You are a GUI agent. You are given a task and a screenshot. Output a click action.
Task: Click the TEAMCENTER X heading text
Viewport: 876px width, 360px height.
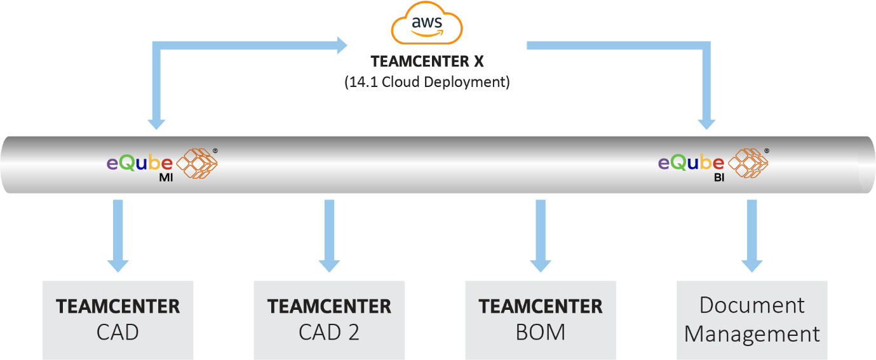427,62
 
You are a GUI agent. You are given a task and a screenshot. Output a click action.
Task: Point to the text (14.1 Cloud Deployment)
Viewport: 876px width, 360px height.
427,83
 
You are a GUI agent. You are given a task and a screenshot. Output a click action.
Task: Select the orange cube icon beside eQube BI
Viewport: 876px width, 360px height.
748,163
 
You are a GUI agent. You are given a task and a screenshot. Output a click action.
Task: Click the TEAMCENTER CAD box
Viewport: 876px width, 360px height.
118,320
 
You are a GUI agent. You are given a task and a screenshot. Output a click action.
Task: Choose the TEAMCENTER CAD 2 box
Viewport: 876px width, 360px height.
329,320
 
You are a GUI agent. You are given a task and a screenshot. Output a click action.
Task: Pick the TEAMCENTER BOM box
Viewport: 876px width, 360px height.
541,320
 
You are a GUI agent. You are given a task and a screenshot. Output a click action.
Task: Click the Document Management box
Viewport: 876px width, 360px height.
752,320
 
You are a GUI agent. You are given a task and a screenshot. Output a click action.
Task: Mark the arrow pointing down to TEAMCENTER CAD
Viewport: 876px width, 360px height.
118,236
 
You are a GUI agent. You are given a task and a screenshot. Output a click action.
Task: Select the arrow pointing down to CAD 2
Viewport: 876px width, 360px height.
329,236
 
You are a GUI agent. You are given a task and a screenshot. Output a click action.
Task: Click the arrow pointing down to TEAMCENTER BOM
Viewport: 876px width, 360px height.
541,236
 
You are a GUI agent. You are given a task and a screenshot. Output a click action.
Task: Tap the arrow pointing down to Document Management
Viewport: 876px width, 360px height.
752,236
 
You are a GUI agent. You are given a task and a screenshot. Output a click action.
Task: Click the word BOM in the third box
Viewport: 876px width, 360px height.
541,333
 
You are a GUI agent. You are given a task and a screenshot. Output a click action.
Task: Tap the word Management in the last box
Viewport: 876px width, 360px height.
752,334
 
